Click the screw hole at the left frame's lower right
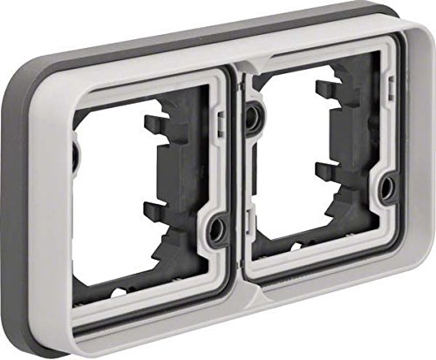[217, 230]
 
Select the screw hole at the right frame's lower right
[385, 185]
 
